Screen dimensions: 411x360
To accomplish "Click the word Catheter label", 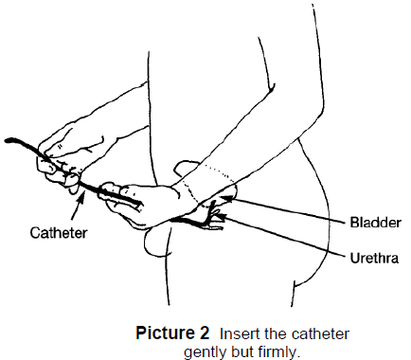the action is [59, 233].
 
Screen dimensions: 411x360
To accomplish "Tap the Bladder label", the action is [376, 223].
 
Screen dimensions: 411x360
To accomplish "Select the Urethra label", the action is [374, 258].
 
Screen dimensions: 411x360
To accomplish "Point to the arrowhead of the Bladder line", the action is [224, 198].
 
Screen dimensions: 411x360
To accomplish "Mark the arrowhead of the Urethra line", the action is [221, 216].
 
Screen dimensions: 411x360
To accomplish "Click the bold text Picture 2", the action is [172, 333].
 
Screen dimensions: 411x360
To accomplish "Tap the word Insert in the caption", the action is [234, 333].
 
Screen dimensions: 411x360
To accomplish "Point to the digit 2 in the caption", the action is [203, 333].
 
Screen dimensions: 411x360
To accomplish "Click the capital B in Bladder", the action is [355, 223].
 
